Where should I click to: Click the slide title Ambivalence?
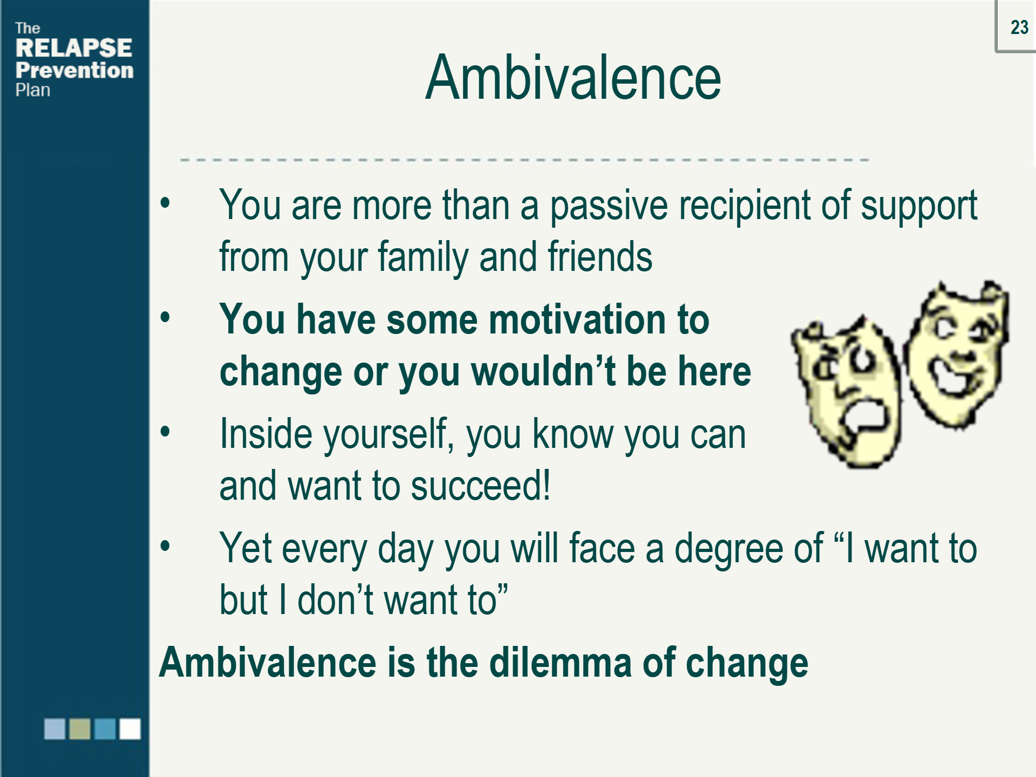click(573, 79)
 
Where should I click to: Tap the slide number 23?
click(1019, 27)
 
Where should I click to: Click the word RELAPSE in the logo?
click(74, 48)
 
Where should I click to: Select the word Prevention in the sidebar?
click(74, 70)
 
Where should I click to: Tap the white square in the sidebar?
click(130, 729)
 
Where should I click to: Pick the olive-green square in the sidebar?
click(80, 729)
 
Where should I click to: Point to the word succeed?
click(480, 486)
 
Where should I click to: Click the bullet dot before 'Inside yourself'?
click(165, 432)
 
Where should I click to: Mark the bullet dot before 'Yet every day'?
click(165, 546)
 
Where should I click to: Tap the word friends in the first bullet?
click(600, 257)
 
